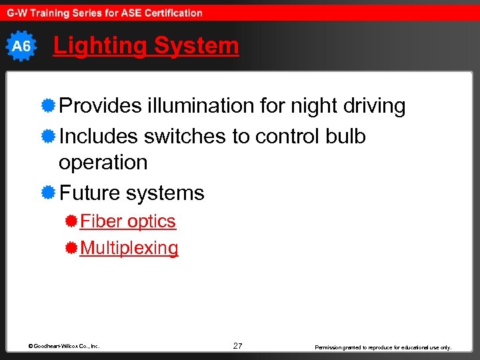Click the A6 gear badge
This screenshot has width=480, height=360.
coord(21,47)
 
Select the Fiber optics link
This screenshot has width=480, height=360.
coord(128,221)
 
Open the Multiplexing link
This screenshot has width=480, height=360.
coord(129,248)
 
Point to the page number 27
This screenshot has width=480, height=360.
coord(238,345)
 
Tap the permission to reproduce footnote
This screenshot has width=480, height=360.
coord(383,347)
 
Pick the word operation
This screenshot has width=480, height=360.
coord(103,163)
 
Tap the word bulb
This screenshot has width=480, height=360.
coord(345,137)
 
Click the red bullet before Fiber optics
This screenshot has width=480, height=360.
coord(71,221)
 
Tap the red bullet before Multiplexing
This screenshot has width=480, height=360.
coord(71,248)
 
